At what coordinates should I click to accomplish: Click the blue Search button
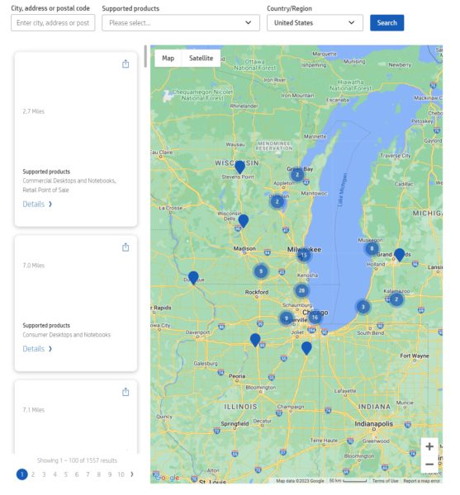click(386, 22)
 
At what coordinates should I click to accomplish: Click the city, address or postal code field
click(53, 22)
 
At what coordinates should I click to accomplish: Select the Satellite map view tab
click(201, 58)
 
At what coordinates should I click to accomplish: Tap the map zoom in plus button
click(429, 446)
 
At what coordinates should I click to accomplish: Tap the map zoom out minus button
click(429, 464)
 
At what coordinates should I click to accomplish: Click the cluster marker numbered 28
click(301, 290)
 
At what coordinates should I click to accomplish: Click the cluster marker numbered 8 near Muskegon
click(372, 248)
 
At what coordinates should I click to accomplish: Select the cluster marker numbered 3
click(363, 307)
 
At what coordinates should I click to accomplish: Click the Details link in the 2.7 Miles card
click(37, 204)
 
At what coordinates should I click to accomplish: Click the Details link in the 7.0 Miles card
click(37, 348)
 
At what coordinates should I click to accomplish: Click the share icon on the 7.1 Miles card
click(126, 392)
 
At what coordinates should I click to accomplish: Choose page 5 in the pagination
click(65, 474)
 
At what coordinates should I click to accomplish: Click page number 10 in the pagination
click(121, 474)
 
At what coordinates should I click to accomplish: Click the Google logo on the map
click(167, 478)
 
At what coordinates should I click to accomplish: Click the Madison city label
click(244, 247)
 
